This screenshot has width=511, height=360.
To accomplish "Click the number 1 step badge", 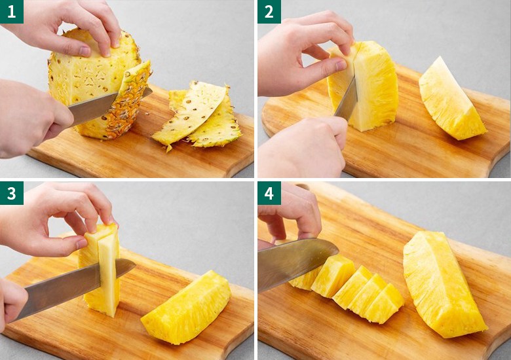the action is (12, 12).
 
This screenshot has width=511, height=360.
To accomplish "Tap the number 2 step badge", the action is (269, 12).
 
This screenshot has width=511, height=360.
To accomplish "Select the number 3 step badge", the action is (12, 193).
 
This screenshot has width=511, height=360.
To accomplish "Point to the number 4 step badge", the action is (269, 193).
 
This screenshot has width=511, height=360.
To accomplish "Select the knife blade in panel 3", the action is (75, 287).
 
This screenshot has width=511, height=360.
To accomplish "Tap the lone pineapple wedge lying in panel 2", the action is (451, 99).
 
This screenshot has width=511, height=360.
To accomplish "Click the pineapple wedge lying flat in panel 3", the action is (187, 308).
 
